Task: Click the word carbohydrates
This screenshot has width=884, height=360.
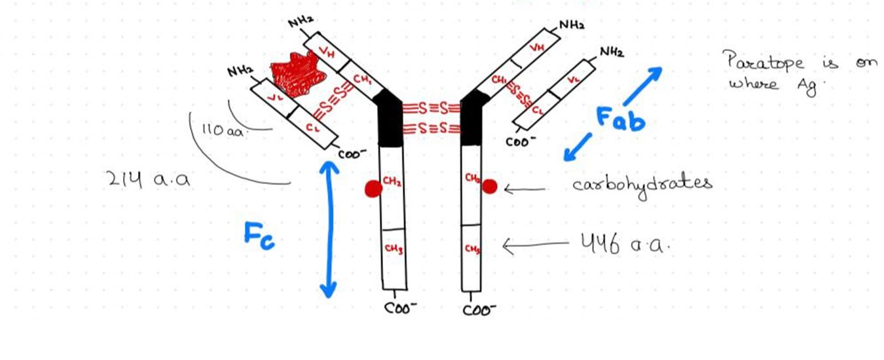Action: [x=642, y=184]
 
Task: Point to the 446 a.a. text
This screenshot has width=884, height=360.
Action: [x=625, y=245]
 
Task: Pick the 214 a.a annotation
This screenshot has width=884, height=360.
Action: [x=147, y=179]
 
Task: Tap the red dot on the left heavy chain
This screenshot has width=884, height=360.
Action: [x=373, y=189]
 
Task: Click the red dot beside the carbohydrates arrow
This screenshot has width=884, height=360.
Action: [x=489, y=187]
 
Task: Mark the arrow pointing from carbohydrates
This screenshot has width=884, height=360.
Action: [x=525, y=189]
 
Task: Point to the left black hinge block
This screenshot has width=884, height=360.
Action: [x=392, y=121]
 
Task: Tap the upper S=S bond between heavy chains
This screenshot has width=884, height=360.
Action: [x=432, y=107]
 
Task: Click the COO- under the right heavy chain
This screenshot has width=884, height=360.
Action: [x=479, y=309]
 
